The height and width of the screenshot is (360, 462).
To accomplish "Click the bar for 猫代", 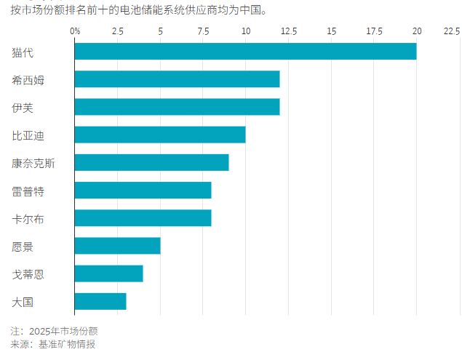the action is [x=246, y=52].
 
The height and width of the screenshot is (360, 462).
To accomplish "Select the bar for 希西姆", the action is [x=178, y=79].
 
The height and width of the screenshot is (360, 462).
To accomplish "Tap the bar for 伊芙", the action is [x=178, y=107].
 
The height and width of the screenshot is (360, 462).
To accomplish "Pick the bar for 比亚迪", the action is [x=160, y=135].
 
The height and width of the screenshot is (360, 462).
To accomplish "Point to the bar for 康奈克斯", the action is [x=152, y=163].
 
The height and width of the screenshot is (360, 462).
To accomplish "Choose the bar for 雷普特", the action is [x=143, y=191].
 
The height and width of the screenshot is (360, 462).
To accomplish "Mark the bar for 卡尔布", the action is [x=143, y=218].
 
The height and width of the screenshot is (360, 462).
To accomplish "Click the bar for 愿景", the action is [x=118, y=246].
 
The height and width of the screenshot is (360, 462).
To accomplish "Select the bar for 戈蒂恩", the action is [x=109, y=273].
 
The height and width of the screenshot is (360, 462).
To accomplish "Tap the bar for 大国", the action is [x=100, y=301].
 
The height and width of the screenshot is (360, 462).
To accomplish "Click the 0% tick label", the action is [x=75, y=31].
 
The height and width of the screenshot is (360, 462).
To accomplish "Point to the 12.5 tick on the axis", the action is [x=289, y=31].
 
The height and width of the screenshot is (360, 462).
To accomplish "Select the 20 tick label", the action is [x=417, y=31].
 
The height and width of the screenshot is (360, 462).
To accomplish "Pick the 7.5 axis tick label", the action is [x=203, y=31].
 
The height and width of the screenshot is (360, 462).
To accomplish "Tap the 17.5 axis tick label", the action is [x=374, y=31].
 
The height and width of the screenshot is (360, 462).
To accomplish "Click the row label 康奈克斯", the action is [x=33, y=163].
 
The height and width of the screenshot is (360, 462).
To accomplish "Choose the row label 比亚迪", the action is [x=28, y=136].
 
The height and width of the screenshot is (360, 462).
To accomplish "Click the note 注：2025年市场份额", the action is [x=55, y=331].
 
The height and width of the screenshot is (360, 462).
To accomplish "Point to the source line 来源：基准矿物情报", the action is [x=53, y=344].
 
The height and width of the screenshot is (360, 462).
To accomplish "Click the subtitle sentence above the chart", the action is [x=139, y=10].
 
